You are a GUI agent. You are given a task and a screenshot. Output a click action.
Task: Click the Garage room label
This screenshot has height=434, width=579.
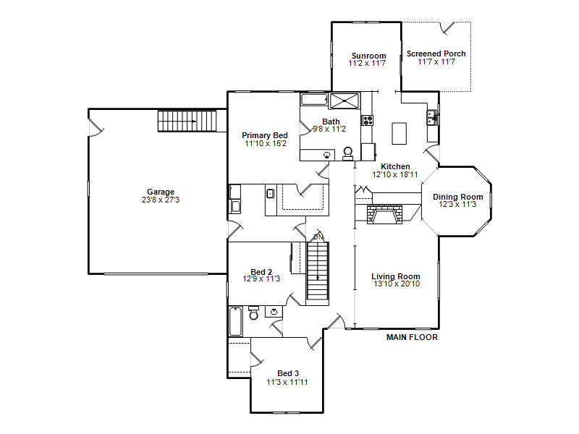161,192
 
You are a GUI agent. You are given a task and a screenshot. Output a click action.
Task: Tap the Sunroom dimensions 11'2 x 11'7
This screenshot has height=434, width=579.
367,64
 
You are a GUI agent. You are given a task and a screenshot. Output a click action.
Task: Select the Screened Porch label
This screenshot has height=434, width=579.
436,54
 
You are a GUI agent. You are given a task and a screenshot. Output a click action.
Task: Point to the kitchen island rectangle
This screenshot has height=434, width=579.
400,134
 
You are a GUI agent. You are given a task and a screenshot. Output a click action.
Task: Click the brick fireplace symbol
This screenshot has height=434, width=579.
384,214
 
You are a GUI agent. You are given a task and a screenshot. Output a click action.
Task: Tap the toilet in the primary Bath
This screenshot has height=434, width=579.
348,153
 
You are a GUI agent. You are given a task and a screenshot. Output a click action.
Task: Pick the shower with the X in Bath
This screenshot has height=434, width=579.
345,101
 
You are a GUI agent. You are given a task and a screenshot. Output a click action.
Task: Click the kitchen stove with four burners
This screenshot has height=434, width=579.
368,120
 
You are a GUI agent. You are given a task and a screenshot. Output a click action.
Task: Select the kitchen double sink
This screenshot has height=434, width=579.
432,118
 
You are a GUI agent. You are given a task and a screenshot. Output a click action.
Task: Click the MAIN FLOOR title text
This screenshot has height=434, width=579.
412,337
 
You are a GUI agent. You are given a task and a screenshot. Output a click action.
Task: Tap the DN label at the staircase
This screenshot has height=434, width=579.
318,237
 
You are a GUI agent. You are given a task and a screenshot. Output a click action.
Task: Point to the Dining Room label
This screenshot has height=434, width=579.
458,197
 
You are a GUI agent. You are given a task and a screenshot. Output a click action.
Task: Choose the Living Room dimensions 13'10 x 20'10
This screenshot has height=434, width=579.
397,284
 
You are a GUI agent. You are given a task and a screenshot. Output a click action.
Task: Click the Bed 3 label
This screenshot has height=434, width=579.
288,373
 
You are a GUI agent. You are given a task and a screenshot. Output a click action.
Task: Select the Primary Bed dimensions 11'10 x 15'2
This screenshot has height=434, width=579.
266,143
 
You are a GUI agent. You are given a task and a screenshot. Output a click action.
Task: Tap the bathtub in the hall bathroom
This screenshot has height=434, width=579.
236,321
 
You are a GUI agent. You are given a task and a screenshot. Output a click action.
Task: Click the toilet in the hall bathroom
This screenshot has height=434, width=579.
254,313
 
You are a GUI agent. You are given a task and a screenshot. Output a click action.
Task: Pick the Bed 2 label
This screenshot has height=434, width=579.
261,273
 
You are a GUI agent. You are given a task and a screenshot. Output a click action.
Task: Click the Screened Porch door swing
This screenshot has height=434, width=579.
447,28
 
